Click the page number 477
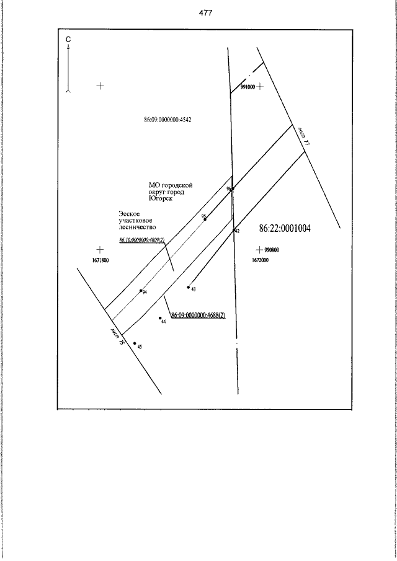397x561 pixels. pyautogui.click(x=206, y=13)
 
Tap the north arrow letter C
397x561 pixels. pyautogui.click(x=68, y=40)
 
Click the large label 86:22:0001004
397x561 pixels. pyautogui.click(x=285, y=229)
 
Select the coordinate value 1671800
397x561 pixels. pyautogui.click(x=100, y=261)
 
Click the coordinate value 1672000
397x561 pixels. pyautogui.click(x=260, y=261)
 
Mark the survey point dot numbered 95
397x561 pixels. pyautogui.click(x=205, y=219)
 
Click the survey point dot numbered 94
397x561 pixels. pyautogui.click(x=141, y=290)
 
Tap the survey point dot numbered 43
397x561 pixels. pyautogui.click(x=188, y=287)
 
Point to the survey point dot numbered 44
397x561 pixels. pyautogui.click(x=160, y=319)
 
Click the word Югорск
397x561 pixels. pyautogui.click(x=160, y=200)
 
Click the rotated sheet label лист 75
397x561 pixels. pyautogui.click(x=118, y=337)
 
